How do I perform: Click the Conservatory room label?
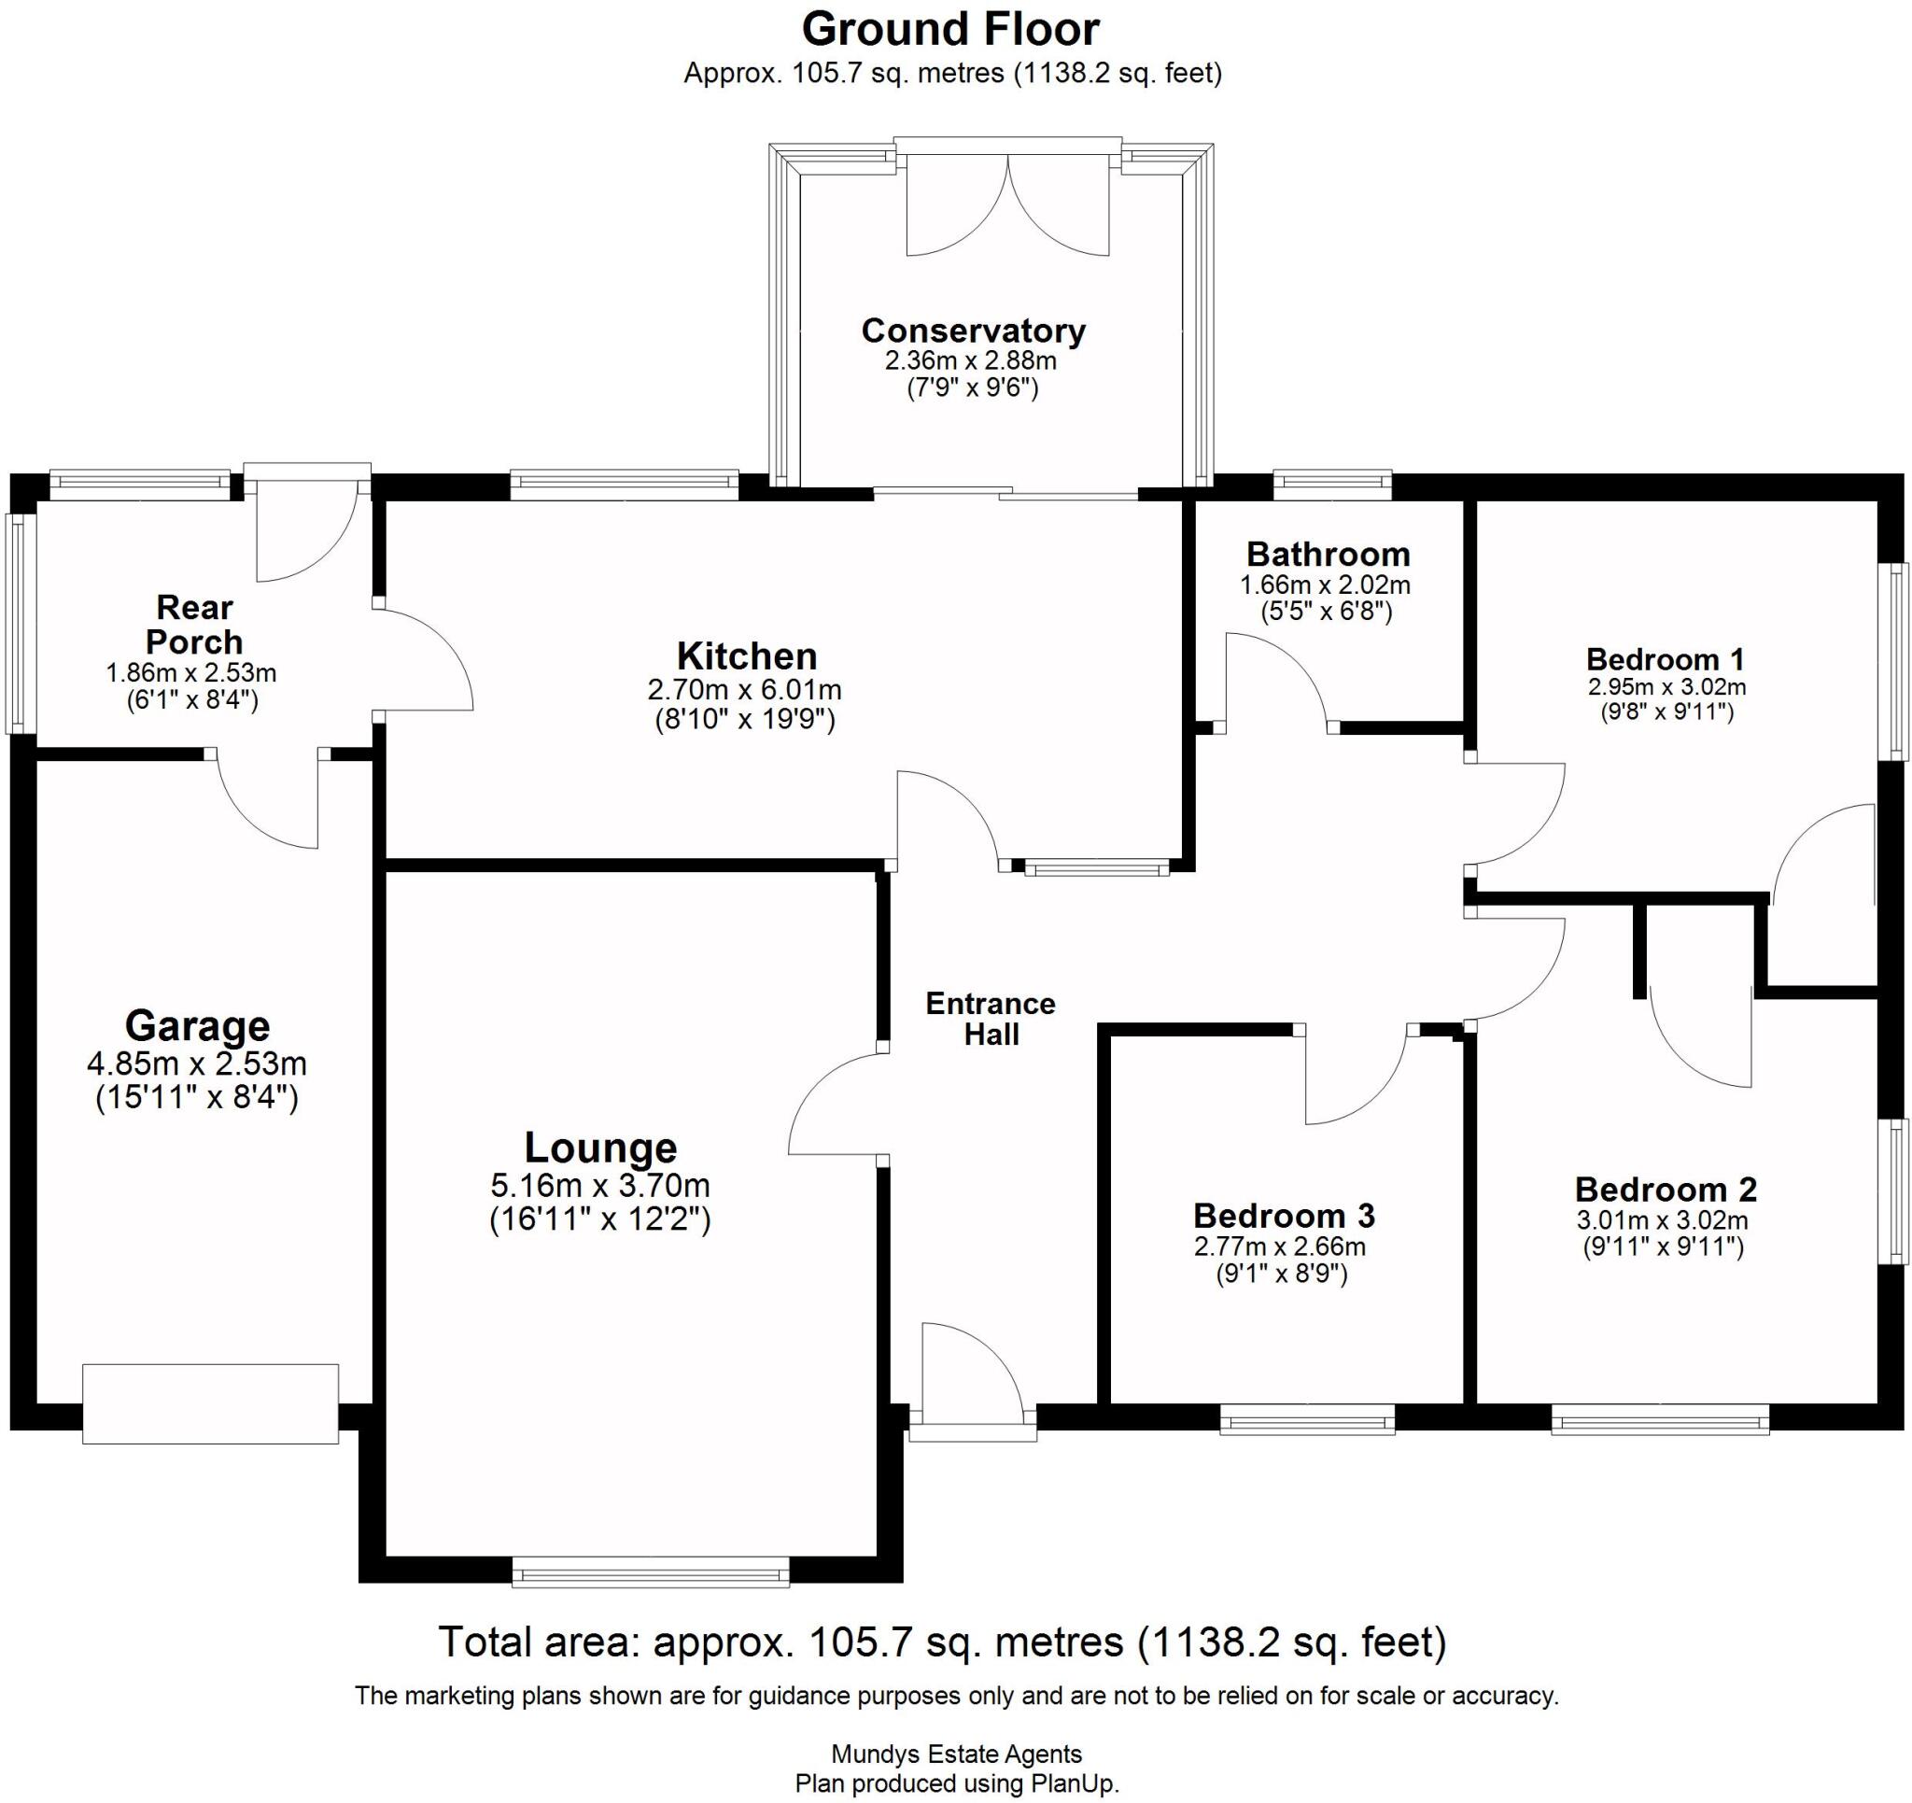click(974, 330)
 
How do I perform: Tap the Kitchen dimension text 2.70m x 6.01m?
click(744, 690)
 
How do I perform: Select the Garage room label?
click(197, 1025)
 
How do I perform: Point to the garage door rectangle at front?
click(210, 1402)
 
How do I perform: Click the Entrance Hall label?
click(991, 1019)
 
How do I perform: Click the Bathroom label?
click(1328, 555)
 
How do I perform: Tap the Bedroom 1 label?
click(1665, 659)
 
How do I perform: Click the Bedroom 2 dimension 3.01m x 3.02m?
click(1663, 1221)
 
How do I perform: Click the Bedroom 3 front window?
click(1306, 1419)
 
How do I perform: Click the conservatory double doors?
click(1007, 207)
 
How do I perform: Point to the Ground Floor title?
click(950, 29)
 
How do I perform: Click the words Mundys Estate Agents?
click(956, 1754)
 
